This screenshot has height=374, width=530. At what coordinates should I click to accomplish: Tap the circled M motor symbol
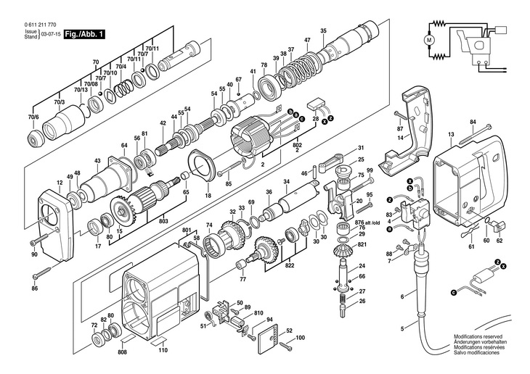428,40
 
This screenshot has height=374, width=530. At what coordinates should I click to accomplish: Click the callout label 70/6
33,117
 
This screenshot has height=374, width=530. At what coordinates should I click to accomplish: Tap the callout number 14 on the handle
400,138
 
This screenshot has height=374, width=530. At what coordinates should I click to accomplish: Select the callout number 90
35,254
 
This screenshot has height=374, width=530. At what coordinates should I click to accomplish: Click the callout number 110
163,350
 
